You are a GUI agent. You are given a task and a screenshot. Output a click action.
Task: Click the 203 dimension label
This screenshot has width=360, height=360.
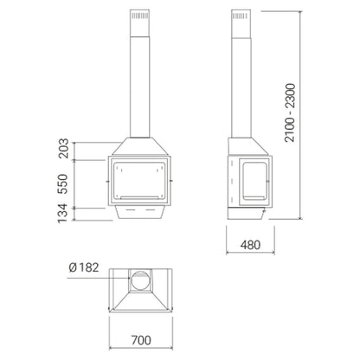click(63, 148)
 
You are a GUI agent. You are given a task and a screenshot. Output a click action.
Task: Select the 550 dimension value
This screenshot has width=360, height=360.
click(62, 184)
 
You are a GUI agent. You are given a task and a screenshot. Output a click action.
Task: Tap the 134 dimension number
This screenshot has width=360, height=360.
click(62, 214)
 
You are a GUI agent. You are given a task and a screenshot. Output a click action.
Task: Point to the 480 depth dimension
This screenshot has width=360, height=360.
click(250, 245)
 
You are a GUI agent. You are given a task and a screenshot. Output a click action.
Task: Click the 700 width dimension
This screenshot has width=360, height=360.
click(141, 340)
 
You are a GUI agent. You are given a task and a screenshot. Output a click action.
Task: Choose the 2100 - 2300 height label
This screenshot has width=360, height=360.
click(290, 112)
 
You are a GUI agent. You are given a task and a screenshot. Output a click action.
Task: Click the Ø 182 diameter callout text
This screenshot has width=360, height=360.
click(84, 267)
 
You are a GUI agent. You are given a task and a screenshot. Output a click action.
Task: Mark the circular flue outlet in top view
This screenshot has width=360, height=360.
click(141, 281)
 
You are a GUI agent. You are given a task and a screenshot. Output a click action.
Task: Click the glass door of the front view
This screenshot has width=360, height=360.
click(139, 181)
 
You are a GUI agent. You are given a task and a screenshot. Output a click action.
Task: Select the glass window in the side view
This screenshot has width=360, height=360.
click(254, 181)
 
